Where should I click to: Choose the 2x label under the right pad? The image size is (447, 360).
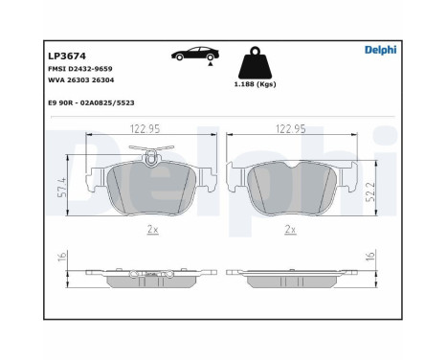(x=289, y=231)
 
